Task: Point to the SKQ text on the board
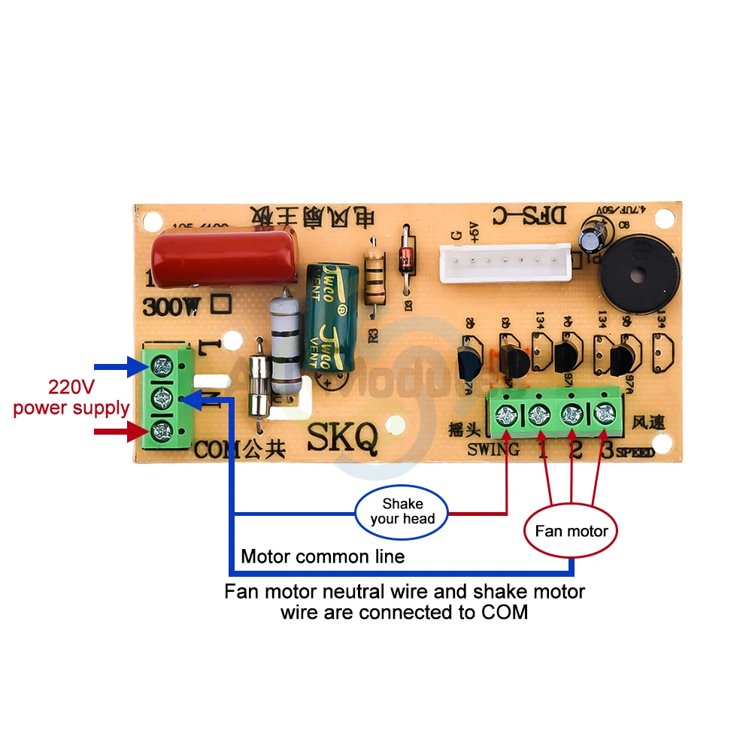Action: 342,438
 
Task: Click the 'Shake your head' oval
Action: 402,511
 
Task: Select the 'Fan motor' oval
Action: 571,531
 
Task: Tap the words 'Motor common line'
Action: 323,556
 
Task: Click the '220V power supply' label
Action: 71,399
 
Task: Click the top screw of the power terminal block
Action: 160,367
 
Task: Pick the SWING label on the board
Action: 493,450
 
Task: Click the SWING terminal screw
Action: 506,414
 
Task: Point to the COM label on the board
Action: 217,450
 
